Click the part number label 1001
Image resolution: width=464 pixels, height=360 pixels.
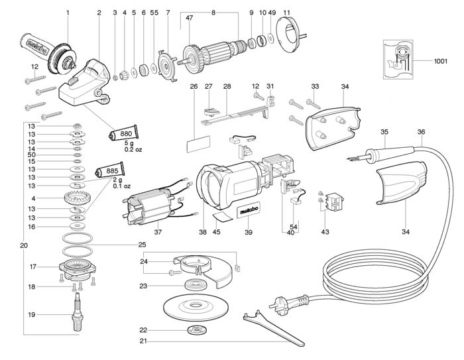coord(440,61)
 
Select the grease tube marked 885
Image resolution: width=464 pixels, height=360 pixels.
coord(110,170)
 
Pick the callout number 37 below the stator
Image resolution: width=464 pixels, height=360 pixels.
coord(158,232)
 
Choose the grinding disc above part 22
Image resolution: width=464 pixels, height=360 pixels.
coord(196,306)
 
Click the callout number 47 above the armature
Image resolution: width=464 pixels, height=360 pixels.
coord(189,18)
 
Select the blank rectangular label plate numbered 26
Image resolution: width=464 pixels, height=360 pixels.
coord(198,144)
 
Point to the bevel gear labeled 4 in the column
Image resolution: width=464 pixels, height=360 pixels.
coord(77,198)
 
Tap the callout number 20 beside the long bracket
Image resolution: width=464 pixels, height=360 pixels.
coord(24,245)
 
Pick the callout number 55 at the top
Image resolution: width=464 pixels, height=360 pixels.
coord(154,13)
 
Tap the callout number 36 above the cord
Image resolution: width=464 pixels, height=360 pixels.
coord(421,131)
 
